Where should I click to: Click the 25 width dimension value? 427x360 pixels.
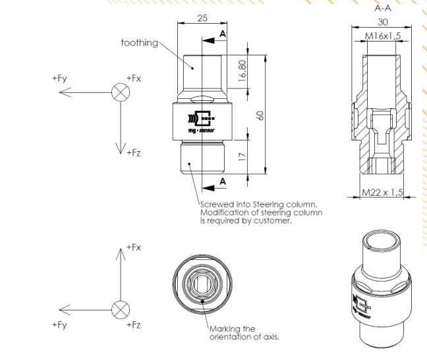point(202,18)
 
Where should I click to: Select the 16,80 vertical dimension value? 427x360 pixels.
point(242,71)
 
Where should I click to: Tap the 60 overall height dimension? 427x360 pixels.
point(260,115)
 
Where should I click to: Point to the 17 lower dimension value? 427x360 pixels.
point(242,156)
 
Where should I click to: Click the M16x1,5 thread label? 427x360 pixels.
point(383,36)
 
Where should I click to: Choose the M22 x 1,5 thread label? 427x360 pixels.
point(382,193)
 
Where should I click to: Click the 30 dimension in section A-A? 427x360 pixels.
point(383,22)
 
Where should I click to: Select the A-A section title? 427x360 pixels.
point(383,9)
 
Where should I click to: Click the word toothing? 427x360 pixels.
point(140,43)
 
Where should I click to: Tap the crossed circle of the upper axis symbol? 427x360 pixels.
point(121,92)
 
